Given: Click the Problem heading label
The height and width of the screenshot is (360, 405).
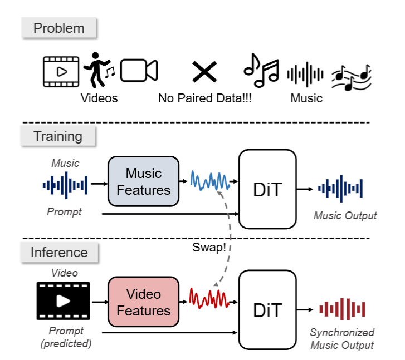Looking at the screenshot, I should [58, 28].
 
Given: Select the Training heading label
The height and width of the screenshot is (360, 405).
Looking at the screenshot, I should [58, 136].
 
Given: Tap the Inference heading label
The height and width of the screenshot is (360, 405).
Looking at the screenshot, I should [58, 252].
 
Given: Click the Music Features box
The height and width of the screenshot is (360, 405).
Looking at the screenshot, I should [143, 182].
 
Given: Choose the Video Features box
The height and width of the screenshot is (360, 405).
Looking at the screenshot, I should [143, 302].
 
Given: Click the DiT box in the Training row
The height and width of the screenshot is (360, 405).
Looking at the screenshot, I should [267, 189].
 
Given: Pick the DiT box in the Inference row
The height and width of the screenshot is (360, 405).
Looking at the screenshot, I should [267, 310].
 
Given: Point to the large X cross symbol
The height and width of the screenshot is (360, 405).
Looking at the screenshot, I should [204, 72].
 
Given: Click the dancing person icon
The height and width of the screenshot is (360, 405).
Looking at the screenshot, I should [97, 71].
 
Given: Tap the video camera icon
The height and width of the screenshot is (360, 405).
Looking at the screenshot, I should [139, 71].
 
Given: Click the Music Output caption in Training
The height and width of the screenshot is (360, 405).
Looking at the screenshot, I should [345, 215].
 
